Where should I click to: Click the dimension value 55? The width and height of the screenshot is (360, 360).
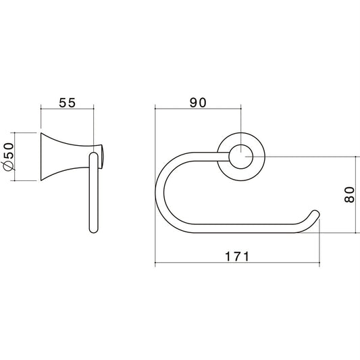pos(67,103)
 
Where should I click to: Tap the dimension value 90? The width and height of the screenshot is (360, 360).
pos(198,103)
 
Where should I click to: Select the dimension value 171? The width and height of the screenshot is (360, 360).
pos(237,257)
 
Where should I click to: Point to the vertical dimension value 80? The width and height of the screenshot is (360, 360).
pos(349,195)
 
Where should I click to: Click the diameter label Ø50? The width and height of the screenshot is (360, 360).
pos(9,157)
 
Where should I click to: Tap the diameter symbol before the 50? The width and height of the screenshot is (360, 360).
pos(8,165)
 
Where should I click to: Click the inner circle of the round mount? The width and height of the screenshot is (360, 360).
pos(241,157)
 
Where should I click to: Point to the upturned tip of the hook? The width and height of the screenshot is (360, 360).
pos(315,213)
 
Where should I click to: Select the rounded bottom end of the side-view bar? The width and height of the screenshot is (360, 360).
pos(93,230)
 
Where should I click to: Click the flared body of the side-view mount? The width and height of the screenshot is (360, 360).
pos(69,157)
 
